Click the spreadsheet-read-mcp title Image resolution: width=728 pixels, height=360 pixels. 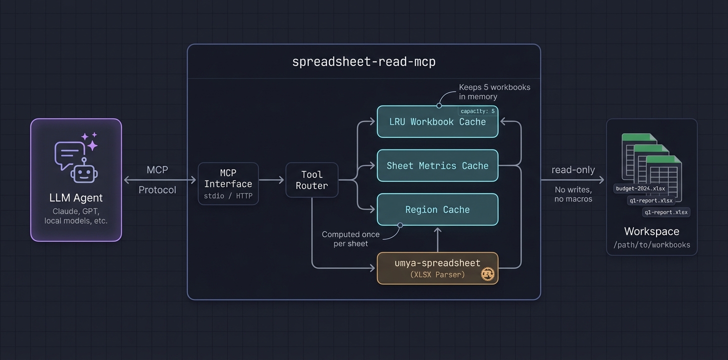tap(363, 62)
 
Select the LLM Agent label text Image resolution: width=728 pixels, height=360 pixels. tap(76, 197)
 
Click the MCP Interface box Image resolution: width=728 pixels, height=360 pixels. tap(228, 183)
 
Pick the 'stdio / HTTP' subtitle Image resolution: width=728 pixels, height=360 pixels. tap(228, 196)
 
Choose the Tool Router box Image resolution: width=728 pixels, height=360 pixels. tap(311, 180)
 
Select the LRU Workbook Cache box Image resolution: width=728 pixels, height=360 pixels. tap(437, 122)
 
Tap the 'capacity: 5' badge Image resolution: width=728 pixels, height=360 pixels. tap(477, 111)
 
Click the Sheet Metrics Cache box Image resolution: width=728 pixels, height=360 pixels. tap(437, 165)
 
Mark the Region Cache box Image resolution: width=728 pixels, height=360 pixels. tap(437, 209)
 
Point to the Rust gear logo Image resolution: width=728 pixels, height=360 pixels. tap(487, 273)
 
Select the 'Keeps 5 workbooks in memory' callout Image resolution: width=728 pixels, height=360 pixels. tap(494, 91)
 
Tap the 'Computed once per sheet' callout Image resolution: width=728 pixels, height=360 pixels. tap(350, 239)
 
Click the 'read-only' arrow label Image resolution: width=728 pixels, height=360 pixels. tap(573, 170)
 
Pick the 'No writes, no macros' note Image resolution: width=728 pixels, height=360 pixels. tap(573, 194)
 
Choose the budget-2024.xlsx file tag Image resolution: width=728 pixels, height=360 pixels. tap(640, 188)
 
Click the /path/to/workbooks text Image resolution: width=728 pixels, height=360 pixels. tap(651, 245)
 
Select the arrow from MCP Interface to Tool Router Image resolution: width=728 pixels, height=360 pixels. tap(271, 180)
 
